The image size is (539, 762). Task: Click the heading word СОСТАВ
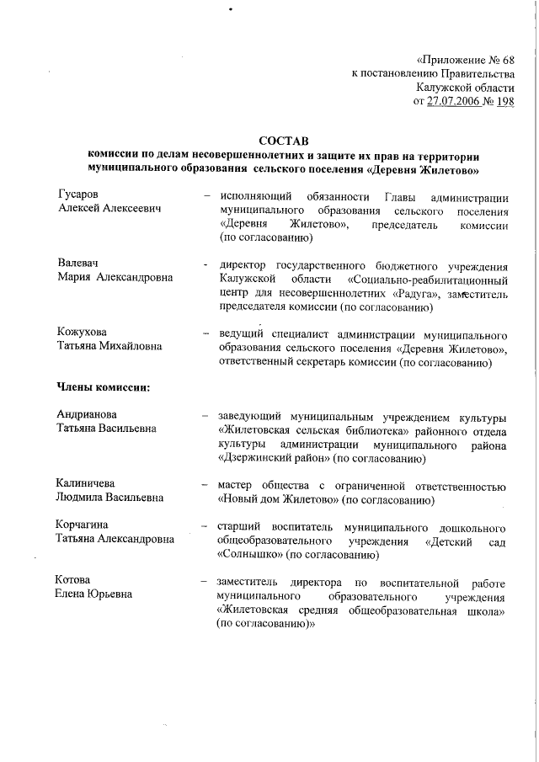[x=284, y=140]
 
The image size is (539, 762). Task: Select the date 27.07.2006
[x=460, y=102]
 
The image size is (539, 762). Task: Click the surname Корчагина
[x=84, y=525]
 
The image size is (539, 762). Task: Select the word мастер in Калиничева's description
[x=235, y=485]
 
